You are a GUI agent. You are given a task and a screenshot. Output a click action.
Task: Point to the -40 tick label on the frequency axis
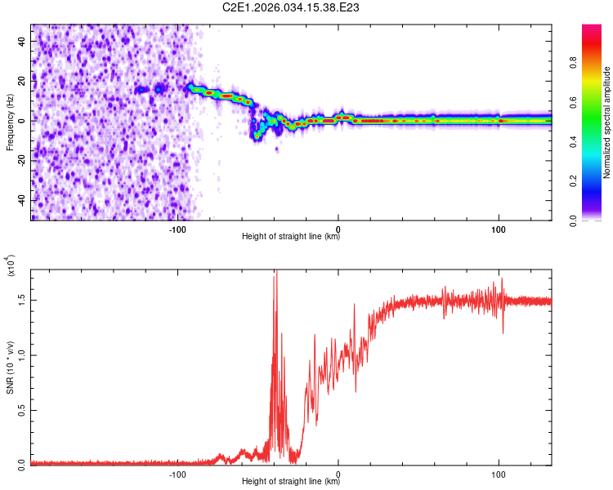pyautogui.click(x=22, y=200)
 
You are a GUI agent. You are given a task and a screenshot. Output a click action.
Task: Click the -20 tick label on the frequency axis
pyautogui.click(x=22, y=160)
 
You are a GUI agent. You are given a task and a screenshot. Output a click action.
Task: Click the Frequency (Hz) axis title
pyautogui.click(x=9, y=122)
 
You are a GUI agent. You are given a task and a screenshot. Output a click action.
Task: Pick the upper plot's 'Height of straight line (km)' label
pyautogui.click(x=291, y=237)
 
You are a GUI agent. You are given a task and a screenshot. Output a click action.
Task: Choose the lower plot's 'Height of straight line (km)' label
pyautogui.click(x=291, y=482)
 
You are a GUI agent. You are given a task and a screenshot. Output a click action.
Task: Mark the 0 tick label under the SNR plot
pyautogui.click(x=338, y=473)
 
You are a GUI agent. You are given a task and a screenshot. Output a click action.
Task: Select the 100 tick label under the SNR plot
pyautogui.click(x=499, y=473)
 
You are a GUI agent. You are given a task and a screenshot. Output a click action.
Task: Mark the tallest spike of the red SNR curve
pyautogui.click(x=275, y=272)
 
